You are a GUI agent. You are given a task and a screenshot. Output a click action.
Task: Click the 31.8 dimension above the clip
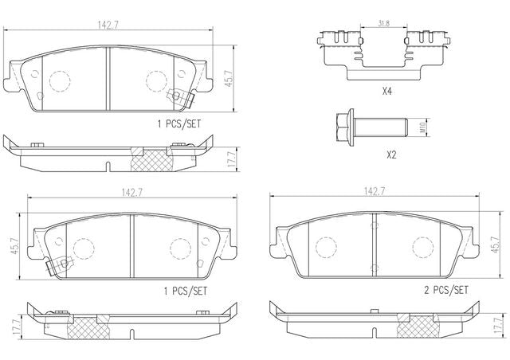[x=384, y=23]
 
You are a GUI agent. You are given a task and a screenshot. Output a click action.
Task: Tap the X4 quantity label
[x=386, y=92]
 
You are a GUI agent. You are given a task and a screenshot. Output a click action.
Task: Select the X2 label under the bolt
[x=391, y=155]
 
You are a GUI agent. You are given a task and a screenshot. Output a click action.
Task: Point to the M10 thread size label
[x=422, y=127]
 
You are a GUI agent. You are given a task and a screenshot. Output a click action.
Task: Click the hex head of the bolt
[x=343, y=127]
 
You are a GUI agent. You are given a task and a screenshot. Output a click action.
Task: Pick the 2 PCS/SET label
[x=446, y=290]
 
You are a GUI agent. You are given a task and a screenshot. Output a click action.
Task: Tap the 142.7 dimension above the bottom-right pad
[x=374, y=191]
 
